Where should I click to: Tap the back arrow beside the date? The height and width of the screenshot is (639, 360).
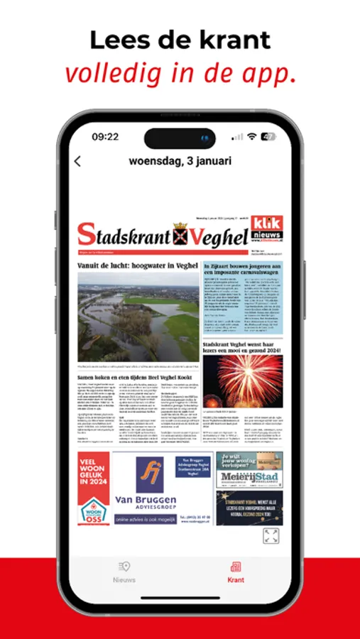coord(77,161)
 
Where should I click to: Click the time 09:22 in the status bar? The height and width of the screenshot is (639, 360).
coord(105,136)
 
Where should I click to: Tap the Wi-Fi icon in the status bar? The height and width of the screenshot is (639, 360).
coord(251,136)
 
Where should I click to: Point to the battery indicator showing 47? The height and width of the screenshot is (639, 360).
coord(268,136)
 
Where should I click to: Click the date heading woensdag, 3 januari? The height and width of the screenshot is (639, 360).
coord(180,160)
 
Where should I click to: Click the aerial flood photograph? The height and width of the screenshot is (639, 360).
coord(138,317)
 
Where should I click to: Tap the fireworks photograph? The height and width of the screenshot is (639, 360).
coord(243,381)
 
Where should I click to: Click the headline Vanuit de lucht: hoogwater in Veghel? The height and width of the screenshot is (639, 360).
coord(138,266)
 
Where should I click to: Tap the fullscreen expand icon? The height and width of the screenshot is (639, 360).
coord(271,536)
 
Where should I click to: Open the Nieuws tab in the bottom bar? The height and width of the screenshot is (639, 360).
coord(124,572)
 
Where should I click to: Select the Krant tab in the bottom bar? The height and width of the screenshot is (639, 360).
coord(236,572)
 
